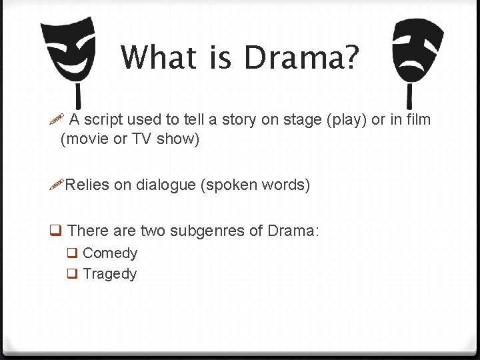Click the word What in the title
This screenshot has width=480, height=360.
[x=160, y=58]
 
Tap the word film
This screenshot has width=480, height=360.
[x=417, y=119]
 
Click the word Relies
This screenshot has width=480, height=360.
[x=87, y=185]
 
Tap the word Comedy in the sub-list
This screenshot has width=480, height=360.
[x=110, y=253]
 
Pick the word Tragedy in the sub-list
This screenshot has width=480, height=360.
[x=110, y=274]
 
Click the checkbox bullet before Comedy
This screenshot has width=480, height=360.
[x=72, y=253]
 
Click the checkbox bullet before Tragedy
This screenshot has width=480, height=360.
[x=72, y=274]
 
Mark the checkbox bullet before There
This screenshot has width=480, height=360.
[x=57, y=231]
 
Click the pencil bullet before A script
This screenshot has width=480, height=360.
[x=57, y=120]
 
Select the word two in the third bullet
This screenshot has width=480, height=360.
[x=153, y=231]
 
